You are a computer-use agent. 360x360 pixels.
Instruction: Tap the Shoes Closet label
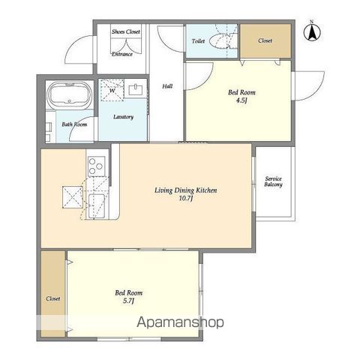click(126, 31)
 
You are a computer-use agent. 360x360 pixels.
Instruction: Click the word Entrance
click(122, 54)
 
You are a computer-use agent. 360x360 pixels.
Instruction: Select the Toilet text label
click(198, 41)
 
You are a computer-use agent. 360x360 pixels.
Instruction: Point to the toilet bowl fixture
click(220, 41)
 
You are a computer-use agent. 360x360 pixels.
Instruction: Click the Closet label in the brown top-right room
click(265, 40)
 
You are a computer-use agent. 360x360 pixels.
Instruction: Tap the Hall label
click(167, 86)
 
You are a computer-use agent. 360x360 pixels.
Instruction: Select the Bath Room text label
click(74, 124)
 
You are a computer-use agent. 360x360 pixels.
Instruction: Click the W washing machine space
click(112, 90)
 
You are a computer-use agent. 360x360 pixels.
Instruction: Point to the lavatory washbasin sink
click(136, 90)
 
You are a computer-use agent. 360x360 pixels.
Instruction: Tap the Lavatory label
click(123, 117)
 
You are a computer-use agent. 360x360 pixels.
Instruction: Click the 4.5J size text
click(241, 100)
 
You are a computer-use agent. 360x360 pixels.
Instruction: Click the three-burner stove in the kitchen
click(97, 166)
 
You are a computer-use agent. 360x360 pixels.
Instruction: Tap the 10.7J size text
click(185, 199)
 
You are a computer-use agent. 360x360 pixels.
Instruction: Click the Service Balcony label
click(273, 181)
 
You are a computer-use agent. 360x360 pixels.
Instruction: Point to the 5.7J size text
click(128, 301)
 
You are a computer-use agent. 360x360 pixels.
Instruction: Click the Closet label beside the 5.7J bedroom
click(53, 298)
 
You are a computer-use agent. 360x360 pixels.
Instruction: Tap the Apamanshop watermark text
click(180, 322)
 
